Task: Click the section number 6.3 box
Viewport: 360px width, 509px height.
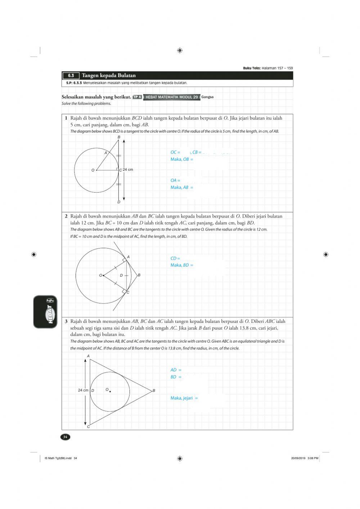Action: tap(71, 76)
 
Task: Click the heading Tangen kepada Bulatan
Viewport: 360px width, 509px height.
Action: tap(109, 75)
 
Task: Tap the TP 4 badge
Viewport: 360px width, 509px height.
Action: tap(137, 97)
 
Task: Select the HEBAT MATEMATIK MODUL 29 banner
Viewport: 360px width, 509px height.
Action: tap(171, 97)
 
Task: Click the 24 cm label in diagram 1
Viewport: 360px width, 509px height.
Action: tap(128, 170)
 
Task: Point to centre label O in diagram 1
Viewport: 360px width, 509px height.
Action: tap(93, 170)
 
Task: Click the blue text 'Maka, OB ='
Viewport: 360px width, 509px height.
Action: tap(182, 159)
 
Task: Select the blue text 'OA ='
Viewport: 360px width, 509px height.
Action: tap(175, 180)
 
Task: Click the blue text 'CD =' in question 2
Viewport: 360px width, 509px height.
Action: tap(175, 258)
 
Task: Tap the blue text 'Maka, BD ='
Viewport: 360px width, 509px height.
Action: tap(182, 265)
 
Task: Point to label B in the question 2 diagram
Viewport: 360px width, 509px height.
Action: tap(139, 275)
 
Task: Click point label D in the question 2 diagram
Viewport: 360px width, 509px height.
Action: tap(121, 276)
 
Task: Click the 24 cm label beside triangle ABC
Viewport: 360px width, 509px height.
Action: tap(83, 390)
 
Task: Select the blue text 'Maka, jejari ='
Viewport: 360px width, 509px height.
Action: tap(184, 398)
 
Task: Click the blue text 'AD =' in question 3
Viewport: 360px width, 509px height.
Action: tap(176, 370)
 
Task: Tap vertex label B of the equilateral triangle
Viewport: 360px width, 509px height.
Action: tap(154, 390)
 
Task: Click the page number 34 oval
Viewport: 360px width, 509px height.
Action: tap(65, 437)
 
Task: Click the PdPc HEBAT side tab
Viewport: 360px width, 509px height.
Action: tap(46, 312)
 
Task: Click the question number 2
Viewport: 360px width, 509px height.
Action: tap(66, 216)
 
